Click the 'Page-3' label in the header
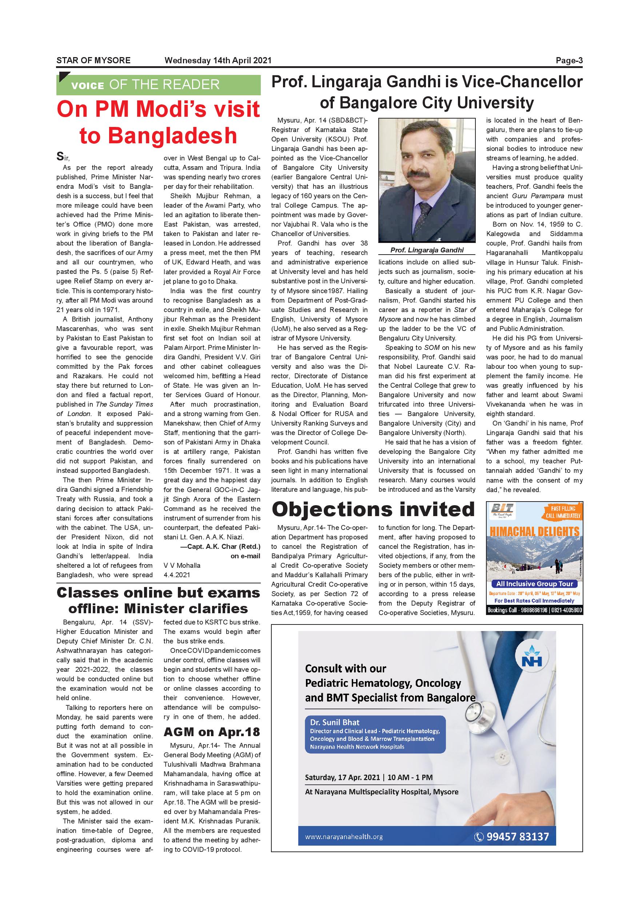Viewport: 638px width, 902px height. pos(569,60)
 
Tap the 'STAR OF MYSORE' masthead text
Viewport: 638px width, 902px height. pos(93,60)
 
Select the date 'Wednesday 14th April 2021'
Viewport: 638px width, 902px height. pos(218,60)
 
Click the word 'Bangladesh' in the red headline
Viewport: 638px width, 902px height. pos(158,136)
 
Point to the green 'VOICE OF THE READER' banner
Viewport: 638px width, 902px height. pos(158,85)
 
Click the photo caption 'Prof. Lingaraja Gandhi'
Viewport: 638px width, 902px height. pos(427,250)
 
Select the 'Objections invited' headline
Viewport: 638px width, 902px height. pos(373,509)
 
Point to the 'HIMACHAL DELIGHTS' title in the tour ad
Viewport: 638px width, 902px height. pos(535,532)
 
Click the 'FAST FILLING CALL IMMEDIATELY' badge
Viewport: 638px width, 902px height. pos(563,512)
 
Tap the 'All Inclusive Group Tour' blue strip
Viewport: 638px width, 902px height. pos(534,584)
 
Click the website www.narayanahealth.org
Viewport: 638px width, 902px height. pos(344,837)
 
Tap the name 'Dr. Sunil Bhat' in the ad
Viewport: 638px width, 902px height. pos(335,722)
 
